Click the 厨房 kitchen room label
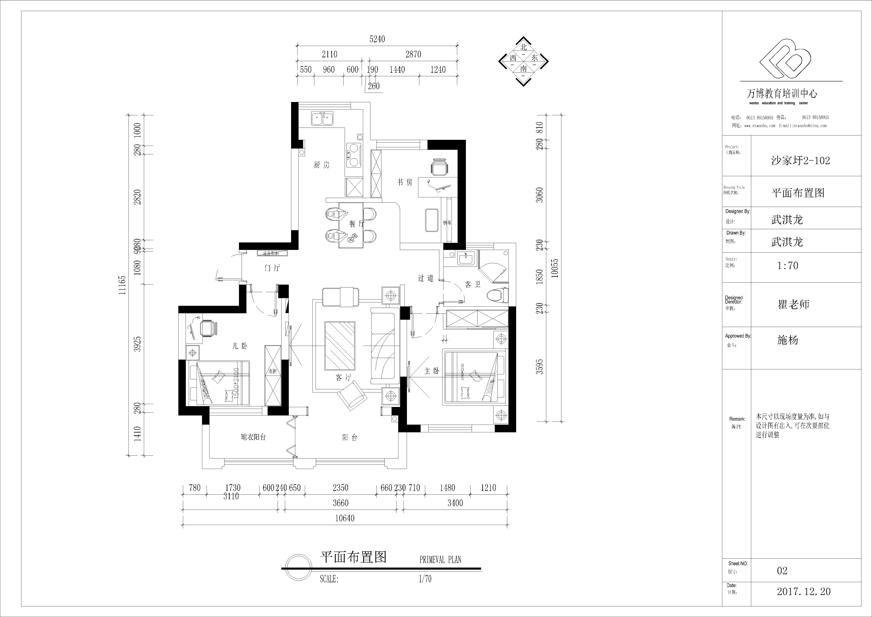[321, 165]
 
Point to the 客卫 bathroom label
[473, 284]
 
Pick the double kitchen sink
[322, 119]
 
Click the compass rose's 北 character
[524, 47]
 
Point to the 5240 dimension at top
[377, 39]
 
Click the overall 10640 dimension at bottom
[344, 518]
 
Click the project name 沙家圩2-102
[800, 161]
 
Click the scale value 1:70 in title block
[788, 265]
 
